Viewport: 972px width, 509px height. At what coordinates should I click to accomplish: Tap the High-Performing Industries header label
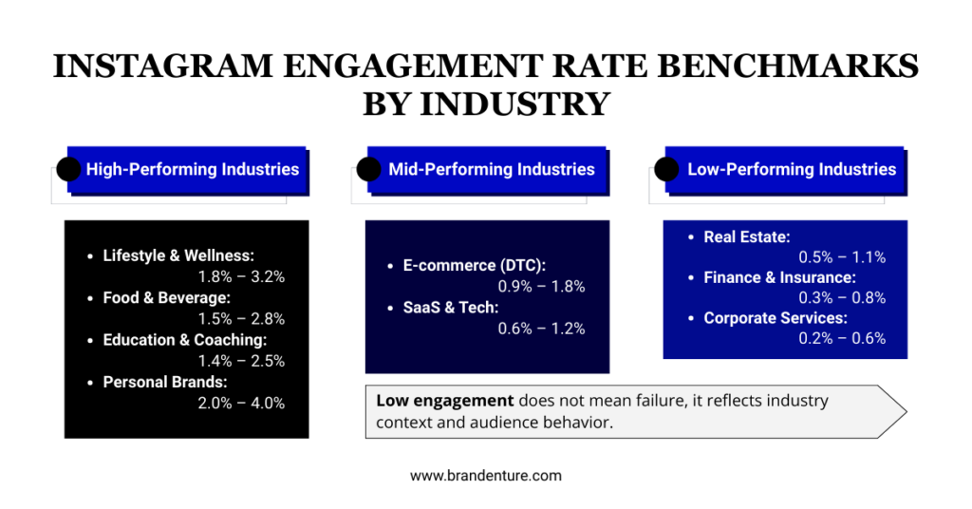pos(193,170)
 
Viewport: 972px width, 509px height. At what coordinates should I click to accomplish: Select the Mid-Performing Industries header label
pos(492,170)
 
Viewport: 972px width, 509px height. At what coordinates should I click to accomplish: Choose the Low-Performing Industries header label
pos(792,170)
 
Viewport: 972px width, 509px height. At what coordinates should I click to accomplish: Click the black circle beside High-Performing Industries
pos(68,170)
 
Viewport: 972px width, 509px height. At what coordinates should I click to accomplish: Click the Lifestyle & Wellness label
pos(178,255)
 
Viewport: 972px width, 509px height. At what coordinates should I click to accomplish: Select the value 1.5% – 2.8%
pos(241,319)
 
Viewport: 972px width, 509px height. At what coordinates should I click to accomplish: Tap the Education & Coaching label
pos(185,340)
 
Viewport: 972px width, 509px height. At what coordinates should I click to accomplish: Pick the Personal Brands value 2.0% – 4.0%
pos(241,403)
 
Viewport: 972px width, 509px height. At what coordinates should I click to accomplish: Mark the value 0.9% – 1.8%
pos(541,287)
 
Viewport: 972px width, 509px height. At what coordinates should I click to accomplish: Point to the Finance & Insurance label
pos(779,277)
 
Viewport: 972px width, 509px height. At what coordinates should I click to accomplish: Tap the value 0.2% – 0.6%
pos(842,339)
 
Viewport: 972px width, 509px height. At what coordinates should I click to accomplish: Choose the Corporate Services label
pos(776,318)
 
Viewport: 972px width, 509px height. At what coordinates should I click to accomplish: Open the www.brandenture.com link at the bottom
pos(486,476)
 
